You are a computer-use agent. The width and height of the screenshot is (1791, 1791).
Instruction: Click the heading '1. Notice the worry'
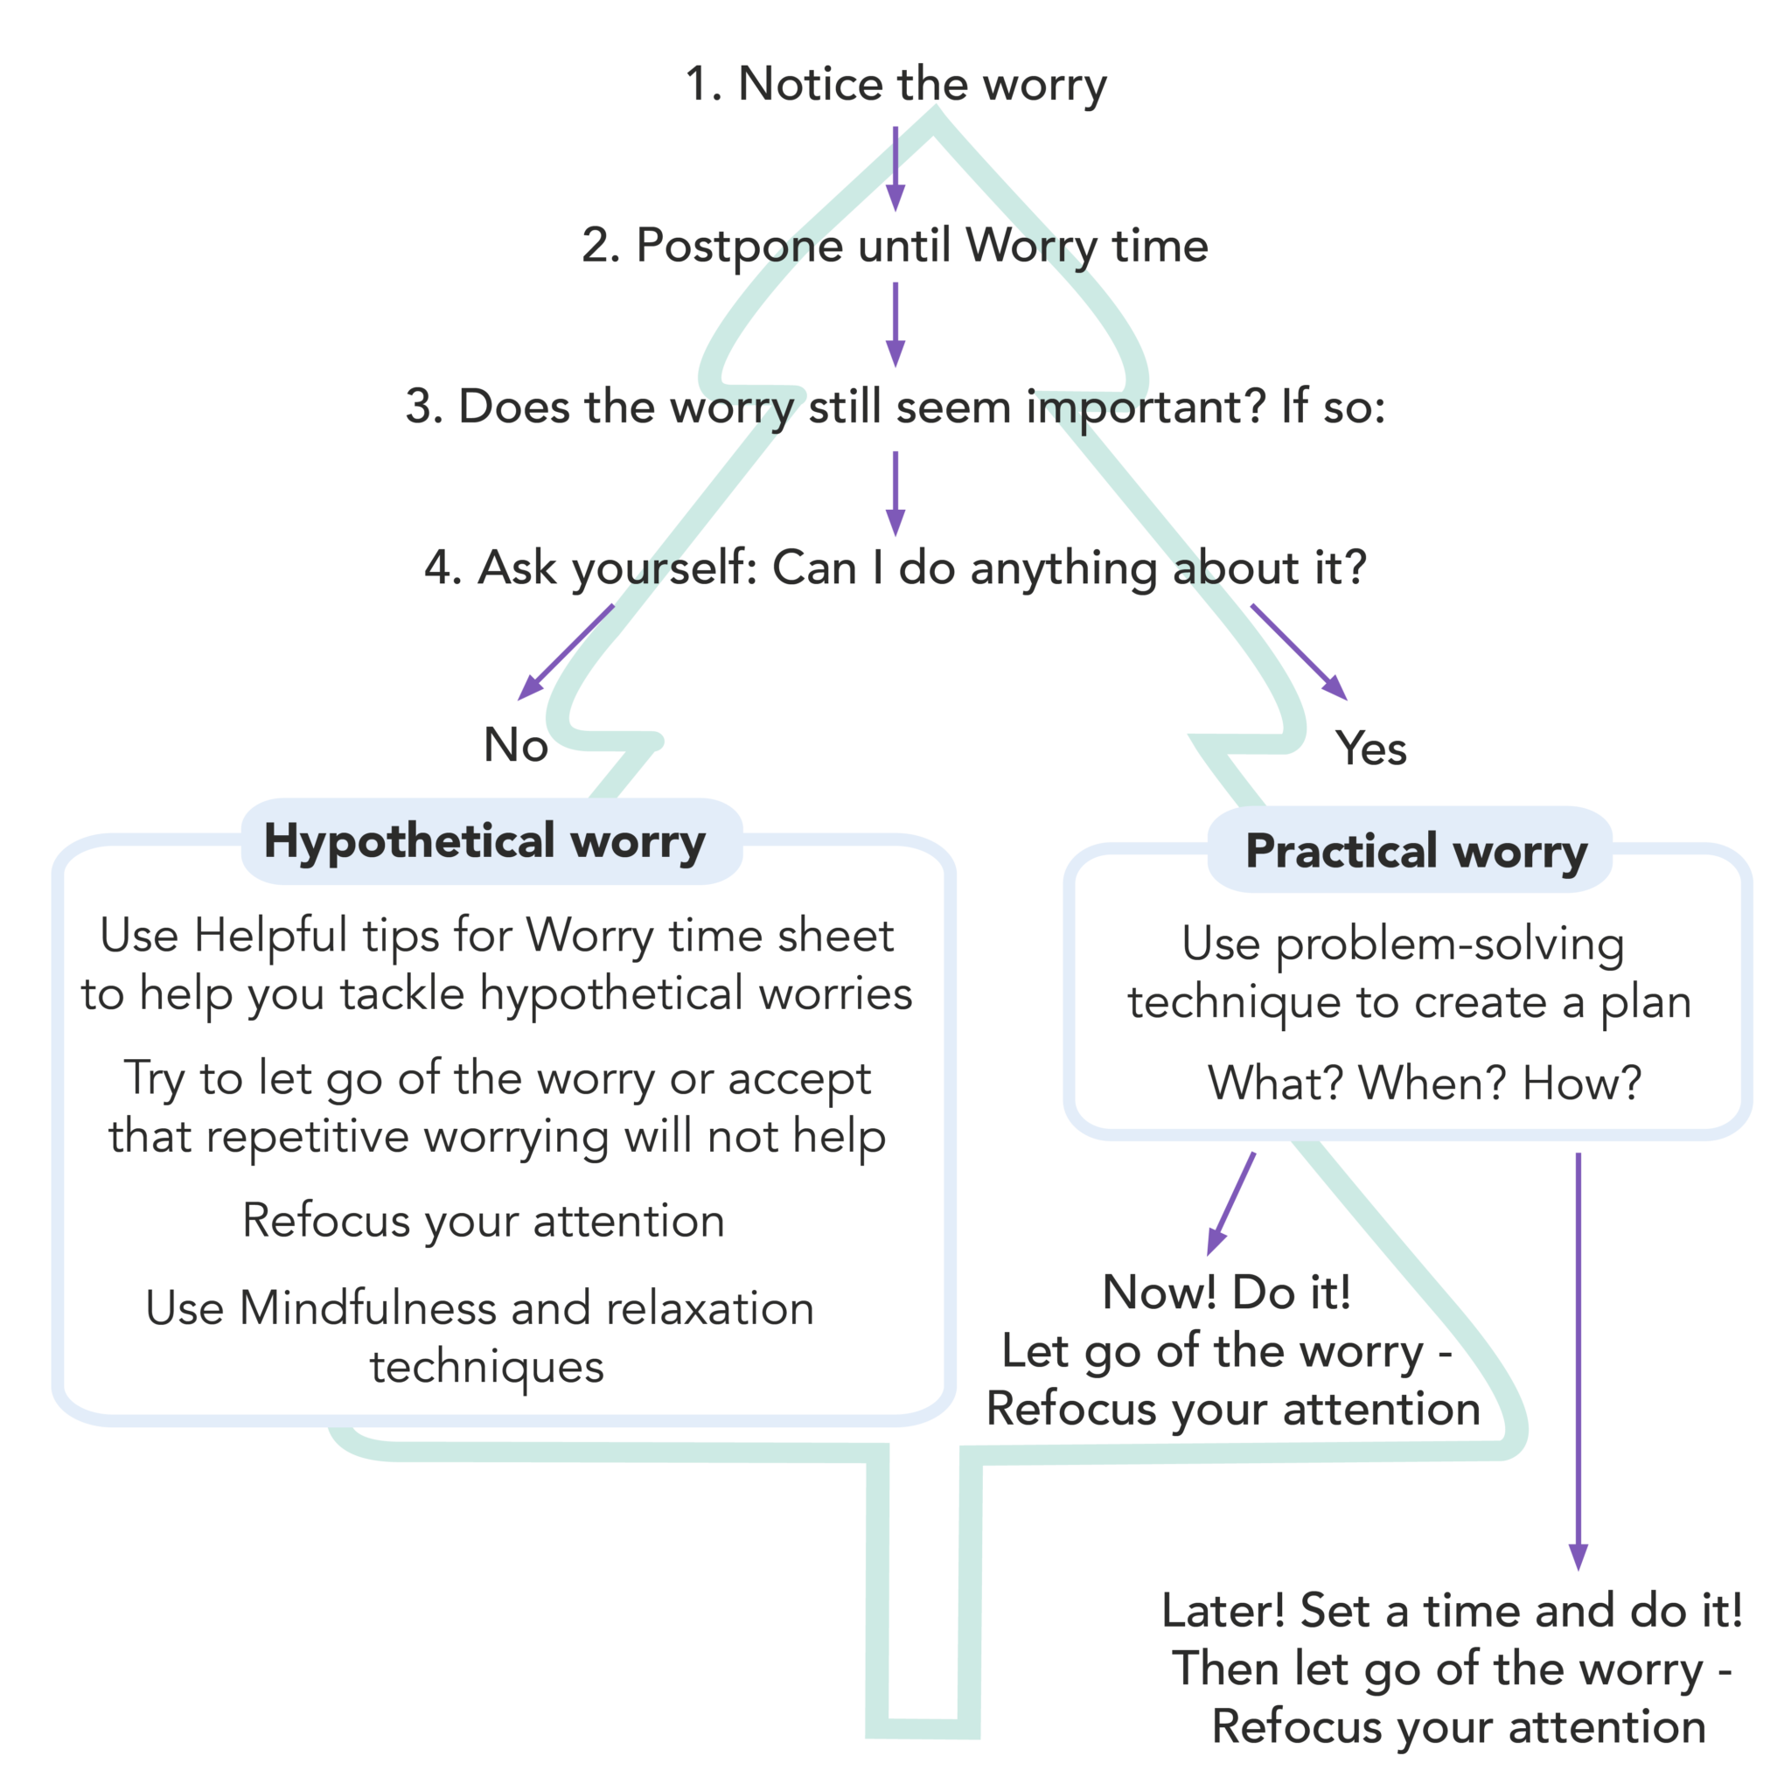(x=895, y=84)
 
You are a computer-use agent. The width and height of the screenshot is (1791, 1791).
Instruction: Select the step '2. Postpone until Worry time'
(x=895, y=247)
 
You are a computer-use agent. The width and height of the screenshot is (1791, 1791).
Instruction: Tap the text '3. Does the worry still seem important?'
(x=834, y=408)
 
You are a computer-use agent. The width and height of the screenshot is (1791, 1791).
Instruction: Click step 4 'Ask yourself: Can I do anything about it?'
(x=895, y=568)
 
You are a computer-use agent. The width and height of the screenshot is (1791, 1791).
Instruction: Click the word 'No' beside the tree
(x=515, y=745)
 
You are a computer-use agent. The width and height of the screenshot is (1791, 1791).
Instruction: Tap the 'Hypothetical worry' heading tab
(x=484, y=842)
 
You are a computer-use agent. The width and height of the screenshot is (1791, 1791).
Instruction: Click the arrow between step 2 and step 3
(x=895, y=325)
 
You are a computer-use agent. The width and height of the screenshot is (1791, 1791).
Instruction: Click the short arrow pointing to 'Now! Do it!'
(x=1232, y=1204)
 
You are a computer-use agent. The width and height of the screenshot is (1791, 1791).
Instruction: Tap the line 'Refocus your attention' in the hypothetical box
(x=484, y=1221)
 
